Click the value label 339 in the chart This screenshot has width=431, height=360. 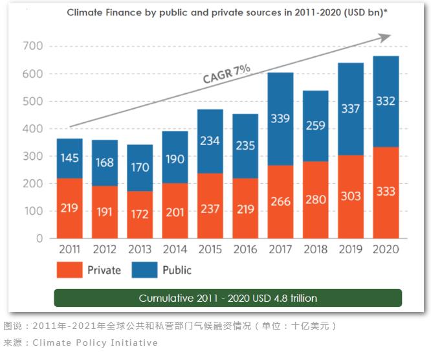281,118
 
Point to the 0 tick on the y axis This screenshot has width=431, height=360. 39,238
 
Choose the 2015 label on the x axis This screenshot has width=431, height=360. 210,249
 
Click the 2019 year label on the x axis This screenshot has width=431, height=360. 351,249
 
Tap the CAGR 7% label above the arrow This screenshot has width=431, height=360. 227,73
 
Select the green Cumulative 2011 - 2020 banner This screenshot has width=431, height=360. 227,298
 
